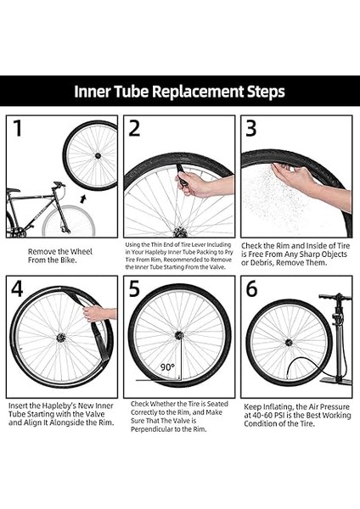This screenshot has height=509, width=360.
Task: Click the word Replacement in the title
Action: click(198, 92)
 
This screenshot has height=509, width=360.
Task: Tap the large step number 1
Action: click(18, 128)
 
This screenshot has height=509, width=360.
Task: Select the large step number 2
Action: click(134, 128)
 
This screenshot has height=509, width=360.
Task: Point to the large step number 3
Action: click(250, 128)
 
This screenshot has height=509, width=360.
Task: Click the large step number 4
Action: click(17, 288)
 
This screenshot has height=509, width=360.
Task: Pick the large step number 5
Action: click(134, 288)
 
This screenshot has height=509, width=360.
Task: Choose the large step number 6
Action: click(251, 288)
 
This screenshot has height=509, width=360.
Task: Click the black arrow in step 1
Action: click(83, 199)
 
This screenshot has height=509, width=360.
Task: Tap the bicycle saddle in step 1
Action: click(13, 190)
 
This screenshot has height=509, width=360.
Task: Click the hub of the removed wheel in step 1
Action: click(98, 156)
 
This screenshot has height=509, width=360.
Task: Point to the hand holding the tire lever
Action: click(192, 184)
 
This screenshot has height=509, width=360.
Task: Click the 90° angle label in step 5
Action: click(167, 367)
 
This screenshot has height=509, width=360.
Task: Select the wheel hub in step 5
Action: click(179, 335)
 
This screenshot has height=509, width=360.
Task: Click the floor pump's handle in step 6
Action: click(335, 297)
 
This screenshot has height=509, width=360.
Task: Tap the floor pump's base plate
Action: click(336, 380)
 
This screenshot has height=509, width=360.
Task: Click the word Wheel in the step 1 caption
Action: click(82, 252)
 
